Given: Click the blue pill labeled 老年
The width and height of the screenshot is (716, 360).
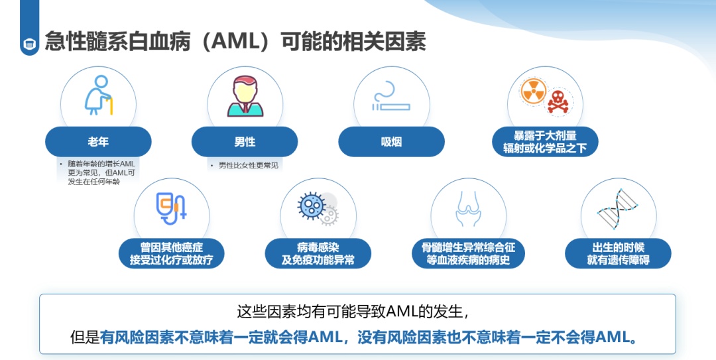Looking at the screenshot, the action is click(x=98, y=142).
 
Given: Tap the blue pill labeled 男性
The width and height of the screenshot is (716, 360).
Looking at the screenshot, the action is click(x=245, y=142).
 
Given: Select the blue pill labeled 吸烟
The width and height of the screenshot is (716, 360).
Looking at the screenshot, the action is click(x=391, y=142).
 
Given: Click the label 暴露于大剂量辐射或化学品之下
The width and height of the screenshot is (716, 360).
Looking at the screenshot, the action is click(x=545, y=142).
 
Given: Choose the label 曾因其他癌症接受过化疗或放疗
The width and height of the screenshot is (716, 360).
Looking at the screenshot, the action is click(x=171, y=253).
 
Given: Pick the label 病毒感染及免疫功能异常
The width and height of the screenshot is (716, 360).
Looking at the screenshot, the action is click(x=318, y=253).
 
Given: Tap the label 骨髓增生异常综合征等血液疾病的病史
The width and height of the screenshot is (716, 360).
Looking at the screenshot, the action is click(x=468, y=253).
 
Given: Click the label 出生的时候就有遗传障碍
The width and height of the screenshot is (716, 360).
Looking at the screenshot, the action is click(x=619, y=253).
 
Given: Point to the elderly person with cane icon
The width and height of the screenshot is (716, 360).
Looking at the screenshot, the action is click(x=98, y=95).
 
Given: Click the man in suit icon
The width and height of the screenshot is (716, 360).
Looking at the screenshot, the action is click(x=245, y=96).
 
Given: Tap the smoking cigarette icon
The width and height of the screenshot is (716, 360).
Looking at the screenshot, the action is click(x=391, y=97).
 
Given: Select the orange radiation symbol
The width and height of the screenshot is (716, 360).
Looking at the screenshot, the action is click(x=533, y=91).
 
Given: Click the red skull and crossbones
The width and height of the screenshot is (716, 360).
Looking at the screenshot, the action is click(x=558, y=101).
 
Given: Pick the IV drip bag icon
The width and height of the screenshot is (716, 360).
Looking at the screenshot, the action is click(x=171, y=208).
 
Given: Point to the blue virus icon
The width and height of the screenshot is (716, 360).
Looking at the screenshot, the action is click(x=311, y=206).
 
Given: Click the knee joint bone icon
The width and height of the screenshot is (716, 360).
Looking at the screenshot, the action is click(x=468, y=209).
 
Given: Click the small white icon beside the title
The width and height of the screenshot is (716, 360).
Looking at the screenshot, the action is click(x=30, y=44).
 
